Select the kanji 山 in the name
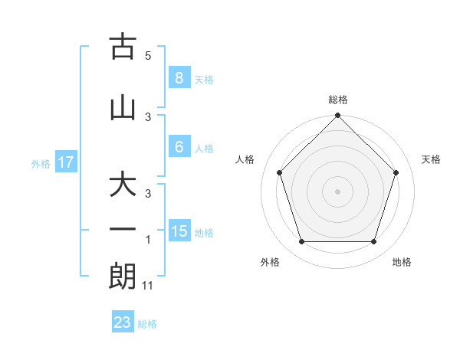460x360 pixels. point(123,108)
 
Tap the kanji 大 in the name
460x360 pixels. point(123,185)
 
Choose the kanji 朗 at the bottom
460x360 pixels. point(123,277)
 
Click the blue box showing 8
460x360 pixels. point(179,78)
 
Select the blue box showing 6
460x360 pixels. point(179,147)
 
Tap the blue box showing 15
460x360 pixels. point(179,231)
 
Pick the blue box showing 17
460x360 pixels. point(65,162)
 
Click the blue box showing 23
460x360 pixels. point(123,322)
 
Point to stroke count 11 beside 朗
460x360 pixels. point(148,286)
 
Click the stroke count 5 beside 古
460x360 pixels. point(148,56)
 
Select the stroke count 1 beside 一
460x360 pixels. point(148,240)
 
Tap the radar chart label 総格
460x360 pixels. point(338,100)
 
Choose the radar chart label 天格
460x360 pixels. point(431,159)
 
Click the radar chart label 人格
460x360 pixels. point(245,159)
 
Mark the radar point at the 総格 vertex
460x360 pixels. point(338,117)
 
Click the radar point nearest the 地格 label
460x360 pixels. point(374,242)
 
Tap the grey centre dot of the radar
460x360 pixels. point(338,191)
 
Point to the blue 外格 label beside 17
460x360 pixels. point(40,163)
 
